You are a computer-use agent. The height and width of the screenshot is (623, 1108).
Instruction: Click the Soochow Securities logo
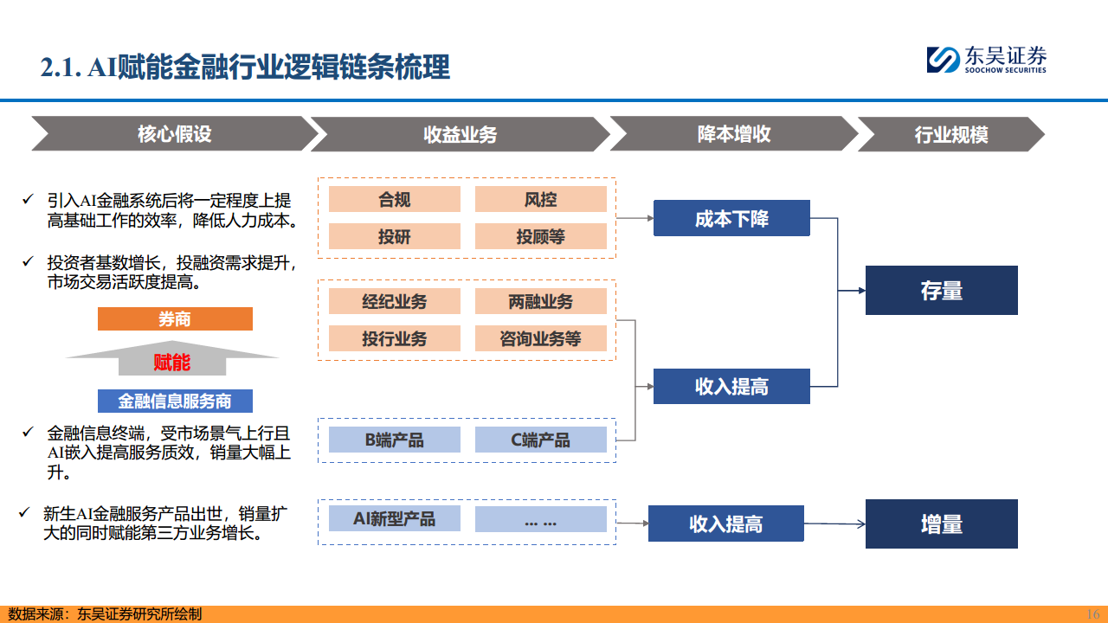click(986, 59)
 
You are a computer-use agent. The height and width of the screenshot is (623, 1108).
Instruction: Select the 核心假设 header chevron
click(174, 134)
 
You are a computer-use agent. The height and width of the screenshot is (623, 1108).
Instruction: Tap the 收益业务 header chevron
click(460, 134)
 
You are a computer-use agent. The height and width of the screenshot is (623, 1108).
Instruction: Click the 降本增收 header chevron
click(733, 134)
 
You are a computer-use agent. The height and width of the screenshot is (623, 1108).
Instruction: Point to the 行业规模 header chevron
click(950, 135)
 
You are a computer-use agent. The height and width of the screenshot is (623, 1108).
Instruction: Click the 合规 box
click(394, 200)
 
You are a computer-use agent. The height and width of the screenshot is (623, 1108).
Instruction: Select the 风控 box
click(541, 200)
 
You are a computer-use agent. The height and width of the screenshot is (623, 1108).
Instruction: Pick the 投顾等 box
click(541, 237)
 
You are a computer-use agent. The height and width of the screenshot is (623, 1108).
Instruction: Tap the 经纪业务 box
click(394, 301)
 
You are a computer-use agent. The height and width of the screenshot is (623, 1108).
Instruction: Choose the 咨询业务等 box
click(541, 338)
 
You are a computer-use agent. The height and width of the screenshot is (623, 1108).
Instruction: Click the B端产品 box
click(394, 440)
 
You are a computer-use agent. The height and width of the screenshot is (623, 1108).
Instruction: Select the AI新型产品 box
click(394, 518)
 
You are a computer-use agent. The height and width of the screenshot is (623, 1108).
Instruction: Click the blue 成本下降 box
click(731, 218)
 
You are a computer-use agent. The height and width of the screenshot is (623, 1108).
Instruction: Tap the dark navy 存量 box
click(941, 291)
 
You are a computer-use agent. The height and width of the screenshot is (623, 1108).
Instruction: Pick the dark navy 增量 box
click(941, 524)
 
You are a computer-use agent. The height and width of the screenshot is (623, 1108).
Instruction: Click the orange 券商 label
click(175, 319)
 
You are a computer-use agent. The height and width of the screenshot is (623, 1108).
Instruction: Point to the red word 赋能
click(171, 362)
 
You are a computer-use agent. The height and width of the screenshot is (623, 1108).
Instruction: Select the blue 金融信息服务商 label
click(175, 401)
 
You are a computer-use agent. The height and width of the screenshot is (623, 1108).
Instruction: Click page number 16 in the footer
click(1092, 613)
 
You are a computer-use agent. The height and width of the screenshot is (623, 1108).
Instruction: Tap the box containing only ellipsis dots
click(541, 519)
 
